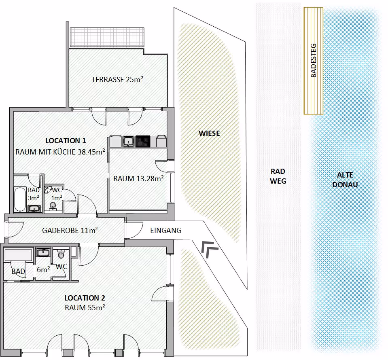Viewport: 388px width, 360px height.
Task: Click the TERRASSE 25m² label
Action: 118,79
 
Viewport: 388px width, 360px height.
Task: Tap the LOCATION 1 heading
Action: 66,141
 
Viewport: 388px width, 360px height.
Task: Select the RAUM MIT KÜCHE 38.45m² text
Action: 60,152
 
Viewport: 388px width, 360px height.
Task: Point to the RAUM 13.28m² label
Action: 138,178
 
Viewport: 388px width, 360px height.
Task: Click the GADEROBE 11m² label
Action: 70,231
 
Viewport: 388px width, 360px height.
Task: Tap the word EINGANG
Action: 166,231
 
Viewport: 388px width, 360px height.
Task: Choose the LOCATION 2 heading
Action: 85,298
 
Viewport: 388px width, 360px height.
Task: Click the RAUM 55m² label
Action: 85,307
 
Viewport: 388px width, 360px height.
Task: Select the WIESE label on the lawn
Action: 209,133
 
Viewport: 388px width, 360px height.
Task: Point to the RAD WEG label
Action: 278,176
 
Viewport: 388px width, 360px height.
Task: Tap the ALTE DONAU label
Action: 345,180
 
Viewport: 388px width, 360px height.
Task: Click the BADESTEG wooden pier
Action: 313,61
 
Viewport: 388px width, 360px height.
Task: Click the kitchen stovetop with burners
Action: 143,141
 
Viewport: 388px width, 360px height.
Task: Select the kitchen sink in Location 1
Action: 129,142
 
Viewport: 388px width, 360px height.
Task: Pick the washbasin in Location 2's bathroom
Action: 43,253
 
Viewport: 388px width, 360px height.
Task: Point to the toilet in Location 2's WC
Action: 61,255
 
